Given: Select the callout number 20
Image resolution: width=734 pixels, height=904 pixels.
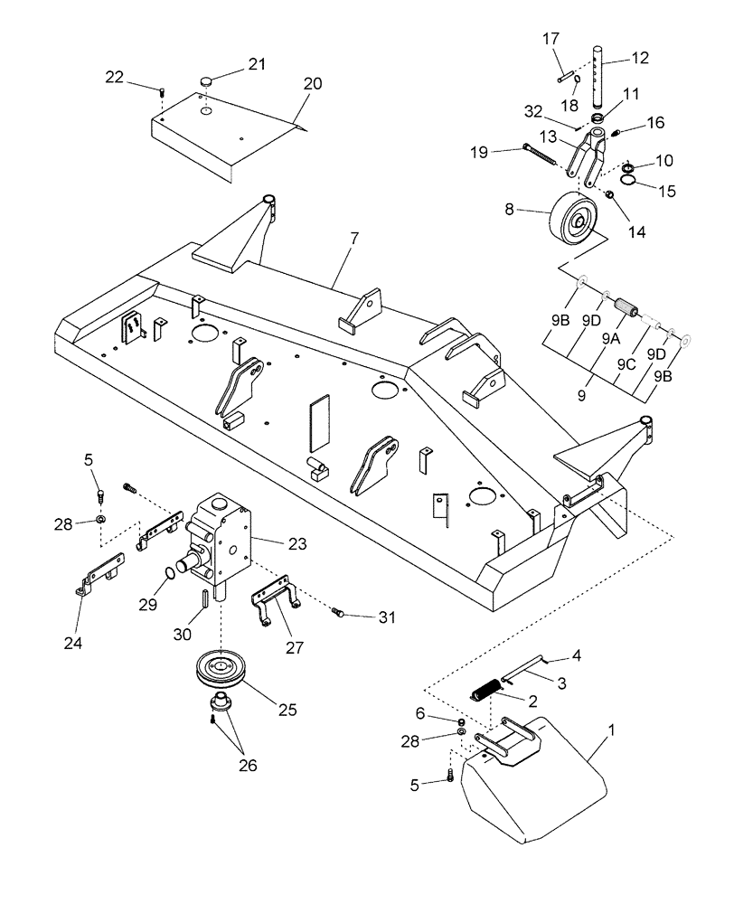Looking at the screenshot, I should point(312,83).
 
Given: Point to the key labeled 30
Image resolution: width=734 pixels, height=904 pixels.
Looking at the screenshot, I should point(205,599).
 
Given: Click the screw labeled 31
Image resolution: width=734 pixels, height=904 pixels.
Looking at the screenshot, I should point(340,614).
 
